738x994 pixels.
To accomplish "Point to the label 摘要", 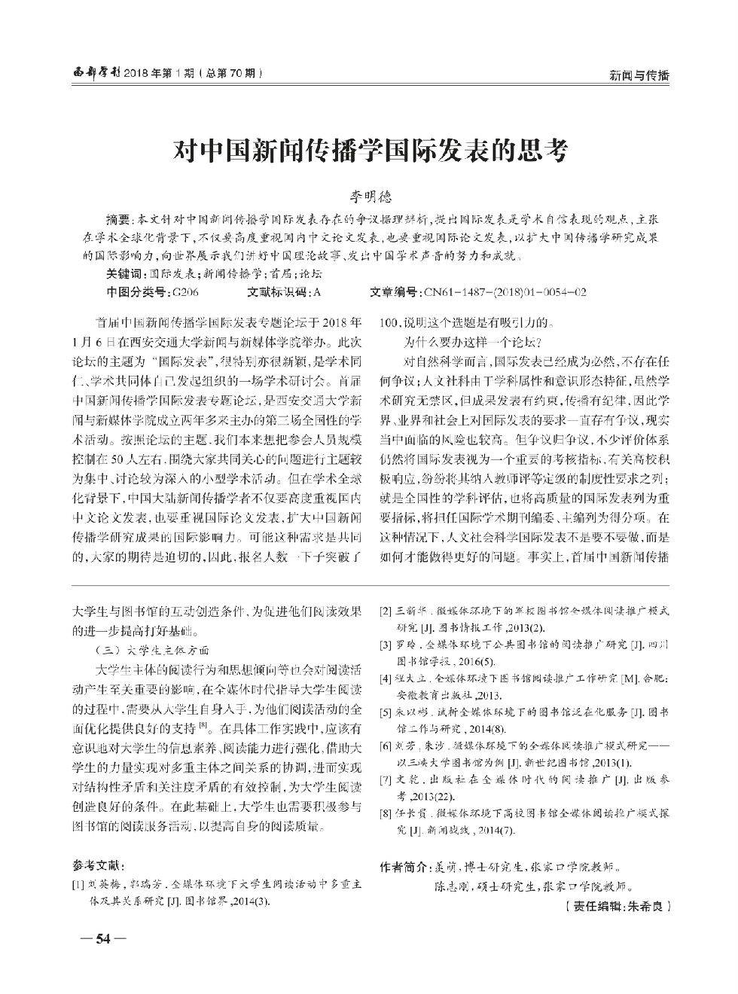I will pos(118,220).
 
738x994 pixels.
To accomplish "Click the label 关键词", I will pos(126,274).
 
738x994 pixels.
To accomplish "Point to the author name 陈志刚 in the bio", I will pos(450,886).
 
